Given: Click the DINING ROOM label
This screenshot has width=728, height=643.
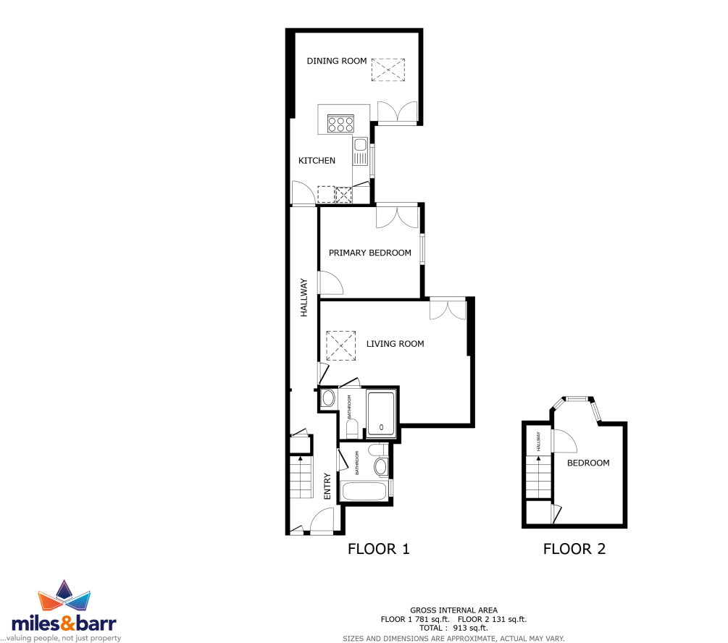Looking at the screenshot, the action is click(337, 61).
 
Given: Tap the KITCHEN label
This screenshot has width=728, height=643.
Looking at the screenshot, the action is click(317, 161).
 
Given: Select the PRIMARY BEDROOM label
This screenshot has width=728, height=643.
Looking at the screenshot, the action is click(370, 253).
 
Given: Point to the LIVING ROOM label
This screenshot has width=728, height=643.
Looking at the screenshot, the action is click(395, 344).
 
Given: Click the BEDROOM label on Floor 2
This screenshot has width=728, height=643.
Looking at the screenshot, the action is click(588, 463).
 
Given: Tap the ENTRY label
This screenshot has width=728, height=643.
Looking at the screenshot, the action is click(327, 486).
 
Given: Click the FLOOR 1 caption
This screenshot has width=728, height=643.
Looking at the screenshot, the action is click(379, 549).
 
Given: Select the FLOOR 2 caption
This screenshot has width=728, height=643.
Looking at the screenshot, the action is click(574, 549).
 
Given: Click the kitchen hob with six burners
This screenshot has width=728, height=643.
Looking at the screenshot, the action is click(340, 124).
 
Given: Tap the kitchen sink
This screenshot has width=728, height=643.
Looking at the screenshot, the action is click(360, 151).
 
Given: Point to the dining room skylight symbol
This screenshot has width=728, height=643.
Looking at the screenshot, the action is click(388, 70).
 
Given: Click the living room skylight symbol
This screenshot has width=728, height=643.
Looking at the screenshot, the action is click(340, 346).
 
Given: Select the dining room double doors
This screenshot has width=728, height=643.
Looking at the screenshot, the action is click(398, 112).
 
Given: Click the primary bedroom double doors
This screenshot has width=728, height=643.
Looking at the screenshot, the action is click(398, 216).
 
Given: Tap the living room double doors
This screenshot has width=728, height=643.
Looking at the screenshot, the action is click(448, 309).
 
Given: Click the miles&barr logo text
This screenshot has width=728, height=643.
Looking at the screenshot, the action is click(64, 623).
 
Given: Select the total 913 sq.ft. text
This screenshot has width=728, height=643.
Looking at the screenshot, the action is click(453, 628).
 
